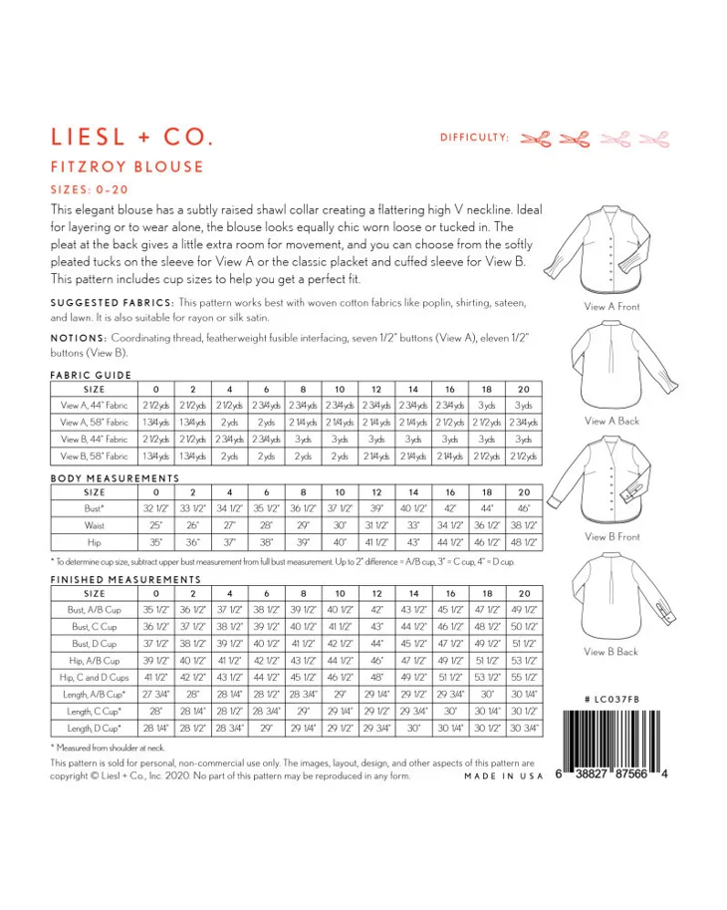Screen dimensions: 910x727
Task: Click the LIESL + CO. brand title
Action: [130, 137]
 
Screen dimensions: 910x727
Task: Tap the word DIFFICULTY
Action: [475, 138]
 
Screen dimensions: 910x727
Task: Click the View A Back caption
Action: [611, 422]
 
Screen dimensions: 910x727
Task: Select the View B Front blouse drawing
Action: [611, 479]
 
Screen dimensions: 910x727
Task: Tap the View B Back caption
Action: [611, 652]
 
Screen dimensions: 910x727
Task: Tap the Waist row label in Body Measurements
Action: [96, 524]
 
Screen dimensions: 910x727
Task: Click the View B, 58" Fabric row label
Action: [96, 456]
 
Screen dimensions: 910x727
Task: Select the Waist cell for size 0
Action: [155, 524]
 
